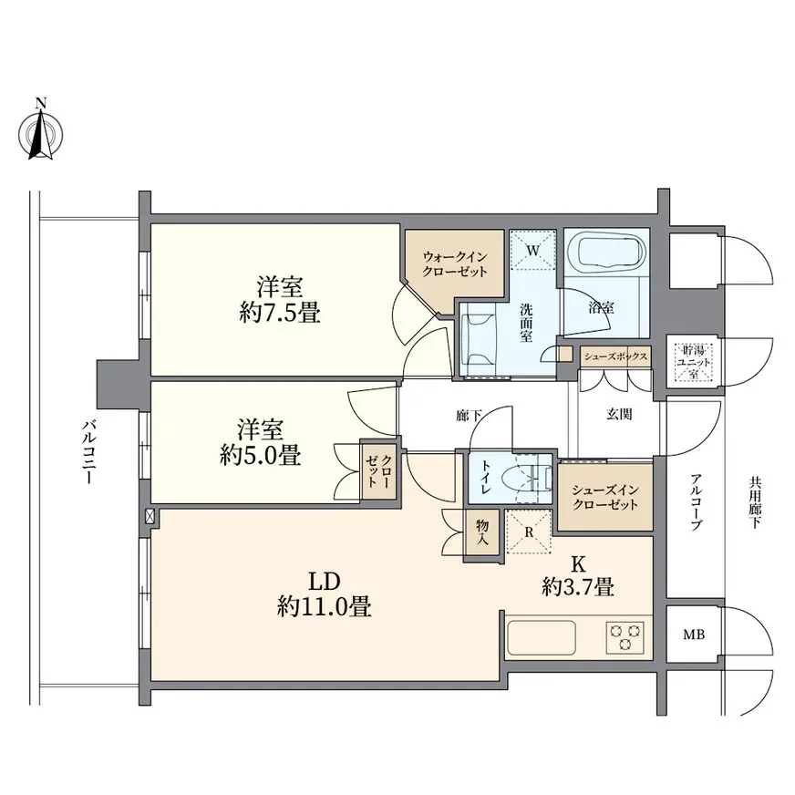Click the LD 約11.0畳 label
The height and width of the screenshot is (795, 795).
pyautogui.click(x=324, y=594)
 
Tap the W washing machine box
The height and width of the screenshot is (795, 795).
pyautogui.click(x=532, y=250)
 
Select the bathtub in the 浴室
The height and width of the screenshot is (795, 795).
pyautogui.click(x=605, y=250)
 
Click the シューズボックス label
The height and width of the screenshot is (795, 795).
pyautogui.click(x=616, y=356)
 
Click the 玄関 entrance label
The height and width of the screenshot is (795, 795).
pyautogui.click(x=620, y=412)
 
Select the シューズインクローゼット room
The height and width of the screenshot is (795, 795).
pyautogui.click(x=604, y=498)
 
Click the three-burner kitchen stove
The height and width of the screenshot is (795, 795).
pyautogui.click(x=625, y=635)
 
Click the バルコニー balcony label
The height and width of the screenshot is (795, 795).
pyautogui.click(x=88, y=450)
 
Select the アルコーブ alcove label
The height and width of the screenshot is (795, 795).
pyautogui.click(x=696, y=502)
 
